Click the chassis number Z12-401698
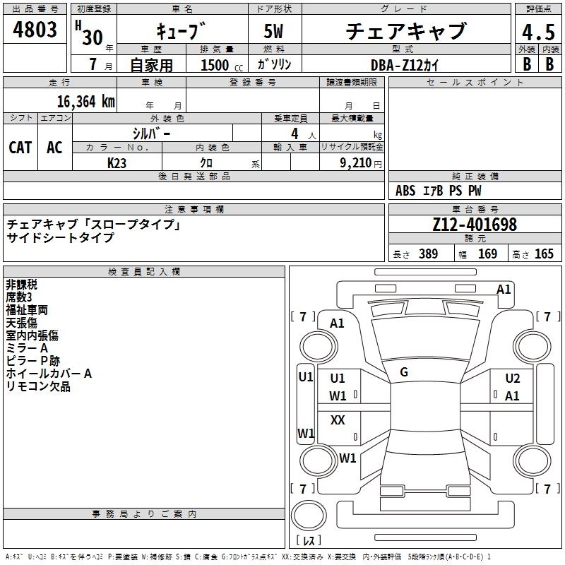(x=475, y=225)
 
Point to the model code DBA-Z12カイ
(x=405, y=64)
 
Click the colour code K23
(x=117, y=162)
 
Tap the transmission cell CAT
(x=20, y=147)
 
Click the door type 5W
(x=274, y=32)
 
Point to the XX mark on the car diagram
(x=338, y=420)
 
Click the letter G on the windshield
(x=404, y=371)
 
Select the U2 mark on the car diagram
(x=512, y=379)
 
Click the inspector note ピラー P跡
(x=34, y=361)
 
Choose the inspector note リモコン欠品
(x=38, y=386)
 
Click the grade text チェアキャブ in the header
(x=405, y=32)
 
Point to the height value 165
(x=544, y=254)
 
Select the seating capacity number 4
(x=293, y=133)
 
